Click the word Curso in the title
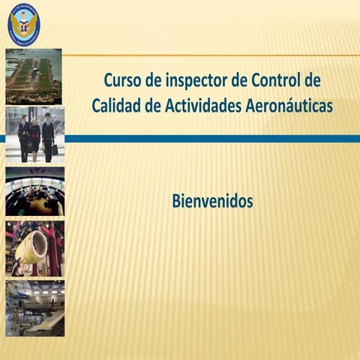(x=121, y=79)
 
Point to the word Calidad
(x=116, y=106)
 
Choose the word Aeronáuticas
(x=289, y=106)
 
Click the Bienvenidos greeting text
(x=212, y=201)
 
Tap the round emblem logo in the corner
(x=23, y=24)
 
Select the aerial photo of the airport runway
(x=34, y=76)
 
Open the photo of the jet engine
(x=34, y=248)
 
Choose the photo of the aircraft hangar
(x=34, y=307)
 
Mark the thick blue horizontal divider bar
(x=210, y=139)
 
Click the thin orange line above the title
(x=210, y=55)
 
